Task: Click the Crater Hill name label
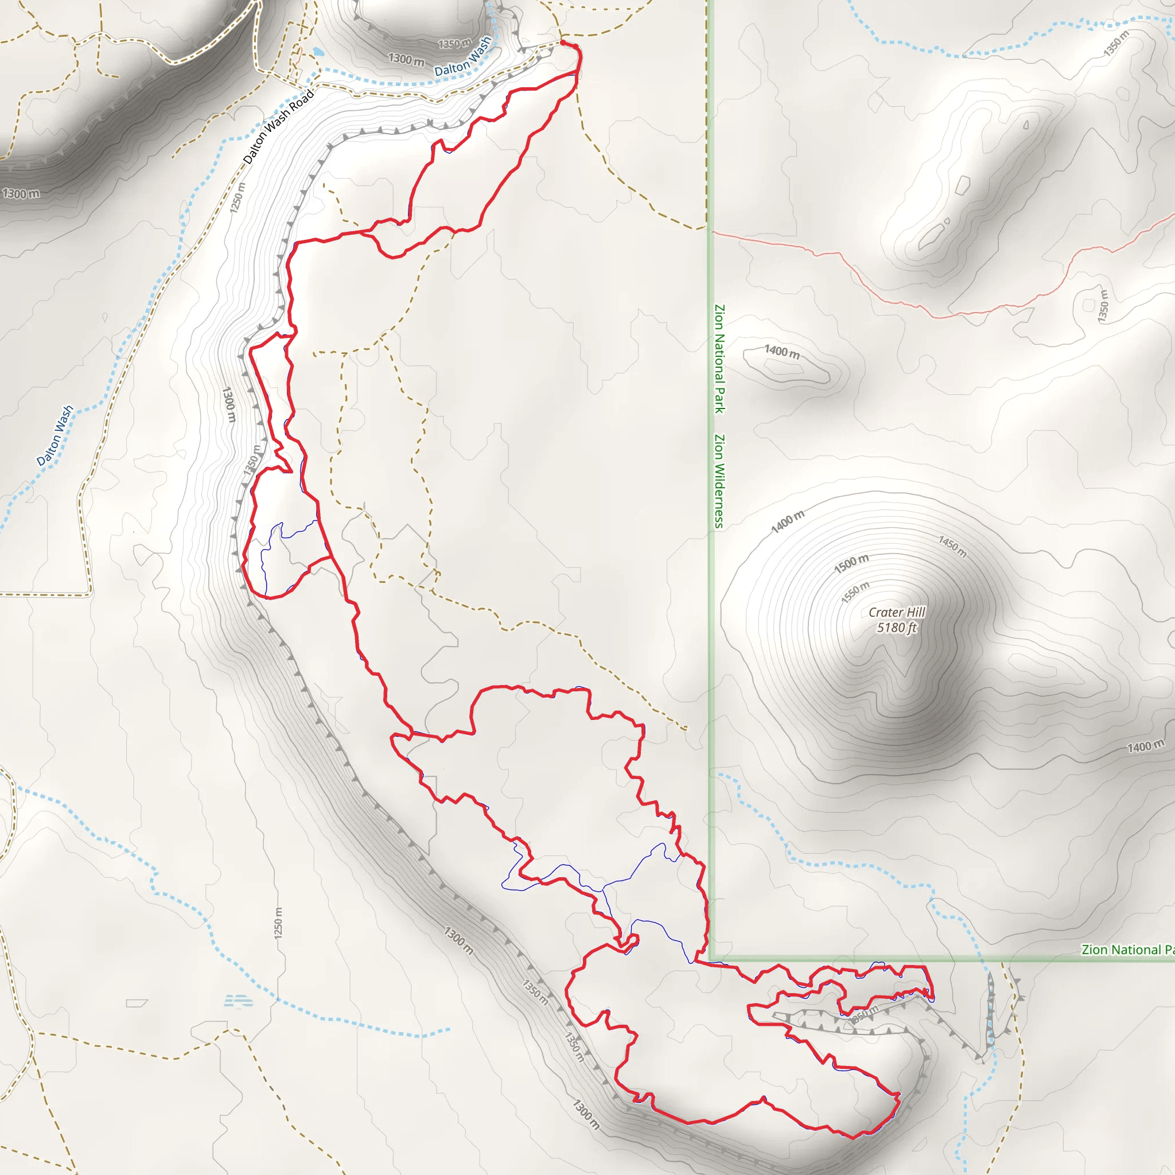point(897,612)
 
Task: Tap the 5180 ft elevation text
point(897,628)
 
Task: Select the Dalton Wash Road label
point(278,126)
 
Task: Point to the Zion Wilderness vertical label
point(719,481)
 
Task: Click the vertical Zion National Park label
point(719,359)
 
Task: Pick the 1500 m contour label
point(851,564)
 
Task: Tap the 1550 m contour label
point(855,592)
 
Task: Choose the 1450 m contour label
point(952,546)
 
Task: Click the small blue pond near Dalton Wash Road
point(317,52)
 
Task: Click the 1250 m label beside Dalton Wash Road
point(237,198)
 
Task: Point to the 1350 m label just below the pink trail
point(1103,306)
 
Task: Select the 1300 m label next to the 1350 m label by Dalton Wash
point(406,60)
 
